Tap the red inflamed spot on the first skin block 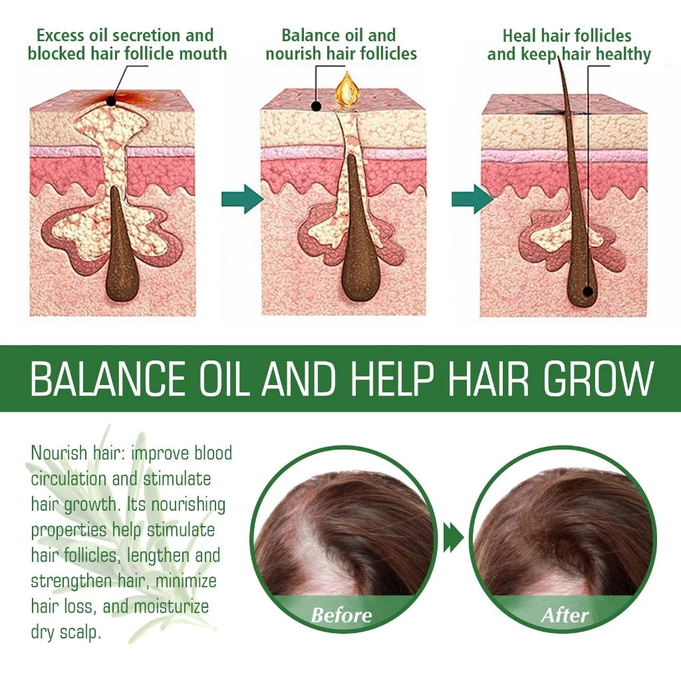pyautogui.click(x=111, y=101)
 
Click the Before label pyautogui.click(x=342, y=614)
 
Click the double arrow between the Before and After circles pyautogui.click(x=454, y=537)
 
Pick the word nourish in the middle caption pyautogui.click(x=295, y=54)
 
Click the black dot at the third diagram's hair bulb pyautogui.click(x=588, y=290)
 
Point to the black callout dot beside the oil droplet pyautogui.click(x=317, y=105)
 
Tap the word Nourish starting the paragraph pyautogui.click(x=59, y=454)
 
